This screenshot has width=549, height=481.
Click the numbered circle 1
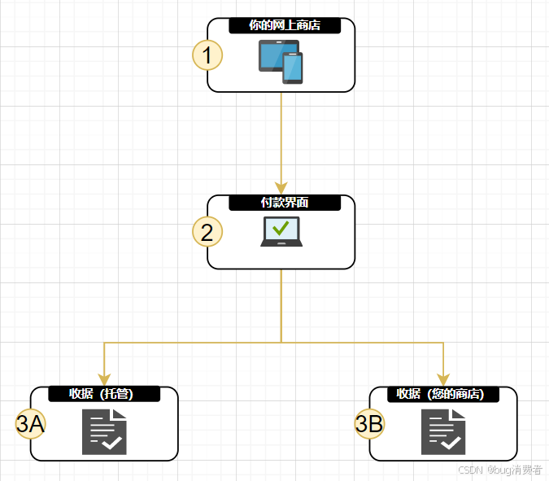click(207, 55)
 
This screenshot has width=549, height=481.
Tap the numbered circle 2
click(207, 233)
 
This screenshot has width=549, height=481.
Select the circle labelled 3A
click(30, 424)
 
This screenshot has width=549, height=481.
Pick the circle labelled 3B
click(369, 424)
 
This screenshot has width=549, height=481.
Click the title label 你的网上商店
click(284, 26)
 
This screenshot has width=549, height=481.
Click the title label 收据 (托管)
click(103, 394)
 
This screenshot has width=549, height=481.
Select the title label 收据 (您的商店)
click(442, 394)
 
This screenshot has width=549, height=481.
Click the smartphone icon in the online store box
click(293, 68)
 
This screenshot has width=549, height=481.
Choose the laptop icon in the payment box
click(281, 232)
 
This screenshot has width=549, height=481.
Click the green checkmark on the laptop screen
click(281, 229)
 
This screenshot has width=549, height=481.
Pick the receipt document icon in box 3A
click(104, 432)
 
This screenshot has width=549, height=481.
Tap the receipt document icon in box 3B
click(443, 432)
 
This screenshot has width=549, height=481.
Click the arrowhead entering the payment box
click(281, 189)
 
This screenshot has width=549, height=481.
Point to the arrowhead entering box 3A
click(104, 379)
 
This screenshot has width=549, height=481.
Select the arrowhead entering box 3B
click(443, 379)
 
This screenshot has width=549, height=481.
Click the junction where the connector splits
click(281, 343)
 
